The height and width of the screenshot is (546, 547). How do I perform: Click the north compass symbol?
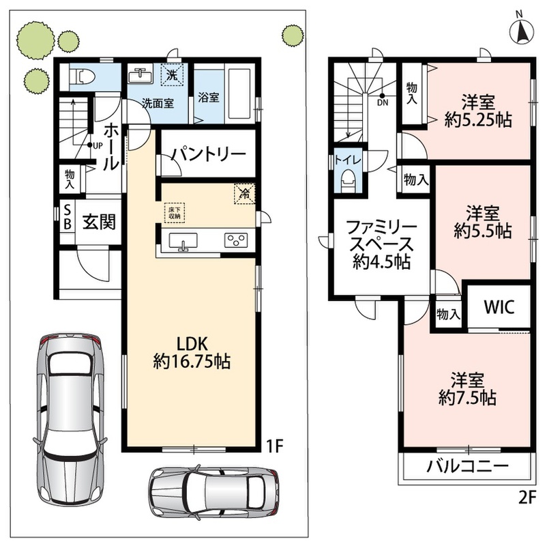pyautogui.click(x=521, y=29)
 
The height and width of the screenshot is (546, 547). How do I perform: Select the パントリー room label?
pyautogui.click(x=209, y=154)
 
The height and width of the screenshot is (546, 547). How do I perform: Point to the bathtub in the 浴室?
pyautogui.click(x=239, y=94)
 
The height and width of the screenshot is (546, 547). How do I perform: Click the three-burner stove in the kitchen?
pyautogui.click(x=236, y=240)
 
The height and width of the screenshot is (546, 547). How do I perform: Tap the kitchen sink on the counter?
pyautogui.click(x=183, y=241)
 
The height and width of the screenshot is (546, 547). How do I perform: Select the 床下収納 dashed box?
pyautogui.click(x=175, y=213)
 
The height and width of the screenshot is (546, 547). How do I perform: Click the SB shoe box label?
pyautogui.click(x=68, y=217)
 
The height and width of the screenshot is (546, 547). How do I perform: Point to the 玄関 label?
pyautogui.click(x=99, y=222)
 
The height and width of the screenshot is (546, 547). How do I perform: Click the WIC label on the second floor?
pyautogui.click(x=499, y=306)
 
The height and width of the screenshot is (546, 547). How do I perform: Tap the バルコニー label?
pyautogui.click(x=467, y=466)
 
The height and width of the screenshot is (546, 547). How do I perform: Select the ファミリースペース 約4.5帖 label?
pyautogui.click(x=382, y=245)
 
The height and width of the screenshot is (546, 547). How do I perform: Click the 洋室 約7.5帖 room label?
pyautogui.click(x=467, y=389)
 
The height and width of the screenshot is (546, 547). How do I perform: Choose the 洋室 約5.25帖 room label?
pyautogui.click(x=478, y=111)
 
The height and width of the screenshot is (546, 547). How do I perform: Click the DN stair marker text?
pyautogui.click(x=383, y=103)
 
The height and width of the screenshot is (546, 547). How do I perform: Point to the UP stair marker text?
pyautogui.click(x=98, y=145)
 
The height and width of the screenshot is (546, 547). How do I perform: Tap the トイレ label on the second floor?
pyautogui.click(x=347, y=160)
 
